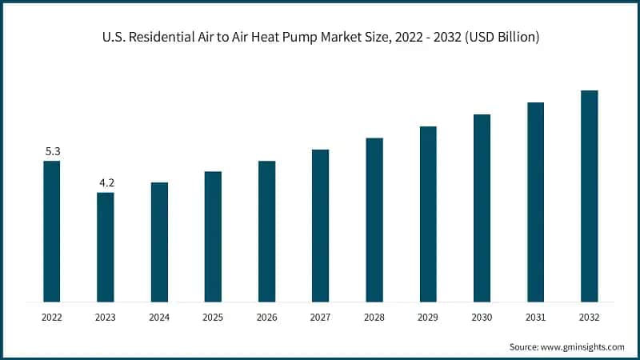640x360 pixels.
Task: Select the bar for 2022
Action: (52, 231)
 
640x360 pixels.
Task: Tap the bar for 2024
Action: (159, 242)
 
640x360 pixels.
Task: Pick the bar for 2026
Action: (266, 231)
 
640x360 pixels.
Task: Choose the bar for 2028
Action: (374, 219)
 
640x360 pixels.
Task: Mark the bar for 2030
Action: (482, 208)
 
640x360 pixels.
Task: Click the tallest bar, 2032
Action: (589, 196)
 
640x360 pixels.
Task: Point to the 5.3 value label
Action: (52, 151)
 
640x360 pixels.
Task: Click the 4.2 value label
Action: (106, 183)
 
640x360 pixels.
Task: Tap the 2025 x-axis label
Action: (213, 318)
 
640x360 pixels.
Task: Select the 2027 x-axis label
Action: (320, 318)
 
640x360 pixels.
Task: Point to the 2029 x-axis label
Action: (428, 318)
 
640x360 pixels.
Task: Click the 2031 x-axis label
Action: (535, 318)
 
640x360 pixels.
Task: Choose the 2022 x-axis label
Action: (52, 318)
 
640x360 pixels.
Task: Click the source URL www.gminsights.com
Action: (583, 347)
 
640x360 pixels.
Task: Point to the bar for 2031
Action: (535, 202)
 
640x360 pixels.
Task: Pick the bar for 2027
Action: (320, 226)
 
